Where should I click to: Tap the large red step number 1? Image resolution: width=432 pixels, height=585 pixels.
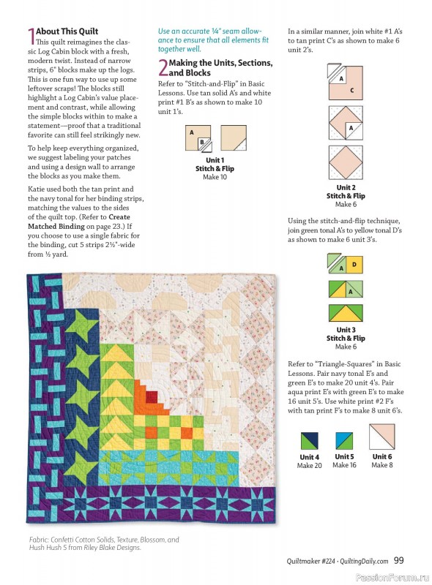pyautogui.click(x=30, y=36)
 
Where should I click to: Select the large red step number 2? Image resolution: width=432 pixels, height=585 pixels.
pyautogui.click(x=163, y=68)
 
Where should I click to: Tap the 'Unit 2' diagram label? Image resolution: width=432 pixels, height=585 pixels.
pyautogui.click(x=346, y=187)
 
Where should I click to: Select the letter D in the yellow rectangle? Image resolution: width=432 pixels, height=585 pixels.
pyautogui.click(x=354, y=264)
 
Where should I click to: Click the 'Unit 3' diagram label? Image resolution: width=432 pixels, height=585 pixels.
pyautogui.click(x=346, y=330)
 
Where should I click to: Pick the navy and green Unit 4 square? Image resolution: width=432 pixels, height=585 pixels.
pyautogui.click(x=310, y=441)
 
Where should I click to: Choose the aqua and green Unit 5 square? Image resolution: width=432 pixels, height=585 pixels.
pyautogui.click(x=345, y=441)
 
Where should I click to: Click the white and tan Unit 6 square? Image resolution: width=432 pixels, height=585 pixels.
pyautogui.click(x=381, y=439)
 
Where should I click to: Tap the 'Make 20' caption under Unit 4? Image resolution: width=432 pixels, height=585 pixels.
pyautogui.click(x=310, y=466)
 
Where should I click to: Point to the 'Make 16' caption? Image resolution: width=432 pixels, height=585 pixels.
pyautogui.click(x=345, y=465)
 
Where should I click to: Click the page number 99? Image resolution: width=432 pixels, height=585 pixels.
pyautogui.click(x=399, y=561)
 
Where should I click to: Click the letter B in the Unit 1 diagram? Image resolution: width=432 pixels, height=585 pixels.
pyautogui.click(x=192, y=143)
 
